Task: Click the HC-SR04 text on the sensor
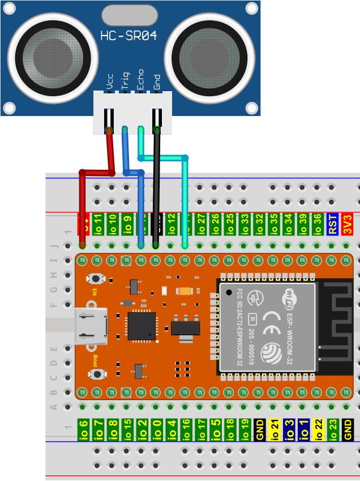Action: [128, 36]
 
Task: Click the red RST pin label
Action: [332, 224]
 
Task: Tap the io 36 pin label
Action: [318, 224]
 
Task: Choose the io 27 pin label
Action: [200, 224]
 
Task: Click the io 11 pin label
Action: [97, 224]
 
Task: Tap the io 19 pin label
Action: [245, 430]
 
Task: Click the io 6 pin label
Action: [83, 430]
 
